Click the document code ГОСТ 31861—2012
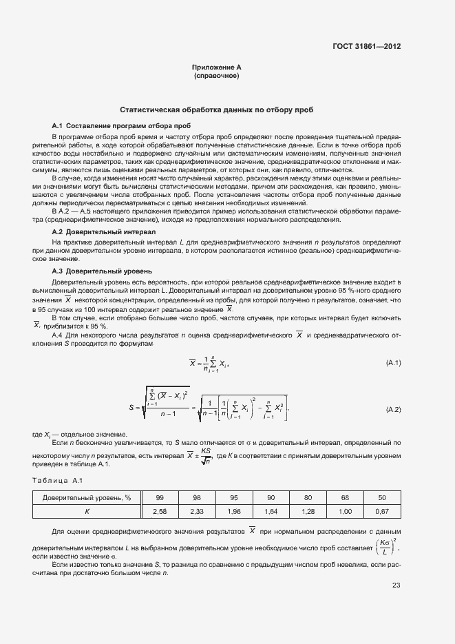[368, 46]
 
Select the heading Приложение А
[217, 67]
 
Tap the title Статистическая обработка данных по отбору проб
[217, 110]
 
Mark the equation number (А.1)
[393, 362]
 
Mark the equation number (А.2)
[393, 409]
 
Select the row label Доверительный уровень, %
[87, 497]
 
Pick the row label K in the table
[87, 511]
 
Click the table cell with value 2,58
[160, 511]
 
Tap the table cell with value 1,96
[234, 511]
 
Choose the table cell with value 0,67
[383, 511]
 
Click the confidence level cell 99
[160, 497]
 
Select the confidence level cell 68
[346, 497]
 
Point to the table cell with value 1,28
[308, 511]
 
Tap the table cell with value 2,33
[197, 511]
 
